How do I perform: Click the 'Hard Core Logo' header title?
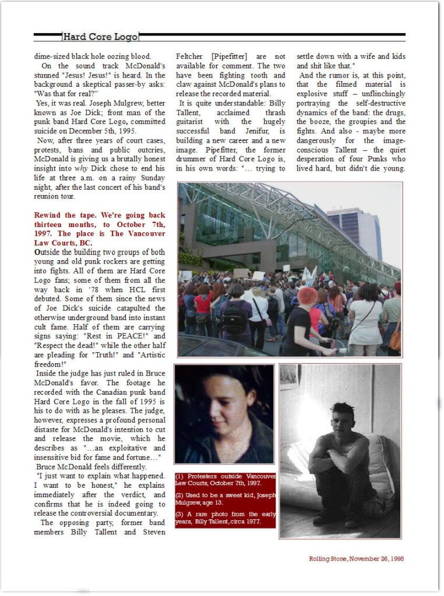point(100,37)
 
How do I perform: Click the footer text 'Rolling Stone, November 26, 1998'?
point(356,558)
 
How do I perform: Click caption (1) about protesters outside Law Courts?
point(225,480)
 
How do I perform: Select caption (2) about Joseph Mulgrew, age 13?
point(225,498)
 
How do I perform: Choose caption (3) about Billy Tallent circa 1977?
point(225,517)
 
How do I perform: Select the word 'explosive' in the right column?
point(314,94)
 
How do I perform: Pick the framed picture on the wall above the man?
point(290,377)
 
